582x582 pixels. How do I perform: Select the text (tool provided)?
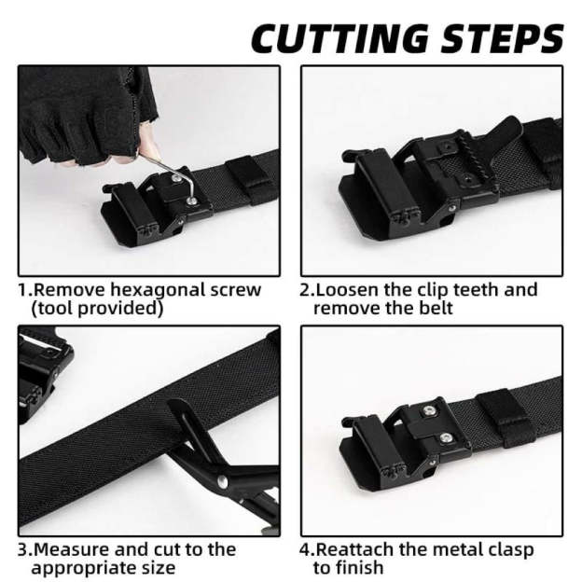[97, 308]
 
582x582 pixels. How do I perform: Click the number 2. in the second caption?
[306, 290]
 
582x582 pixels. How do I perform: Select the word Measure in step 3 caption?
[71, 549]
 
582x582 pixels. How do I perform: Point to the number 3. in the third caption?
[25, 549]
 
